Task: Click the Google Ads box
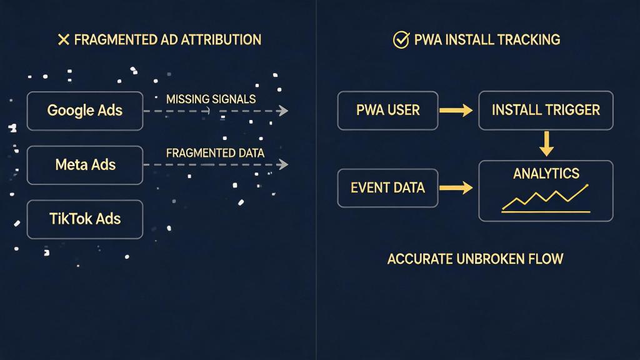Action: click(x=85, y=111)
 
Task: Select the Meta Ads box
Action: click(x=85, y=165)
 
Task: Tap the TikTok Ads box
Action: click(x=85, y=219)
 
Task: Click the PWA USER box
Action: click(x=387, y=111)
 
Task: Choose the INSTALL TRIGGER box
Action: click(x=546, y=111)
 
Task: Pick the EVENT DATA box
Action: click(x=387, y=187)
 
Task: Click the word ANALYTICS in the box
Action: click(x=546, y=174)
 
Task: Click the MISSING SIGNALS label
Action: click(x=211, y=99)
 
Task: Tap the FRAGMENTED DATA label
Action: click(x=215, y=153)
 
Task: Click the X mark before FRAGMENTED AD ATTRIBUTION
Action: click(x=63, y=40)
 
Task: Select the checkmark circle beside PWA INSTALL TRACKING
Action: click(x=401, y=40)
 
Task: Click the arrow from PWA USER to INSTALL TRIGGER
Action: click(x=456, y=111)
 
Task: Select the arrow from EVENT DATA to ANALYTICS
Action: click(x=456, y=187)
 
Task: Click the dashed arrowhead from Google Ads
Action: click(x=284, y=111)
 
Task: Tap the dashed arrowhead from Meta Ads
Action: click(x=284, y=165)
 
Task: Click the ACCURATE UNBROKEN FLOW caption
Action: click(x=475, y=259)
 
